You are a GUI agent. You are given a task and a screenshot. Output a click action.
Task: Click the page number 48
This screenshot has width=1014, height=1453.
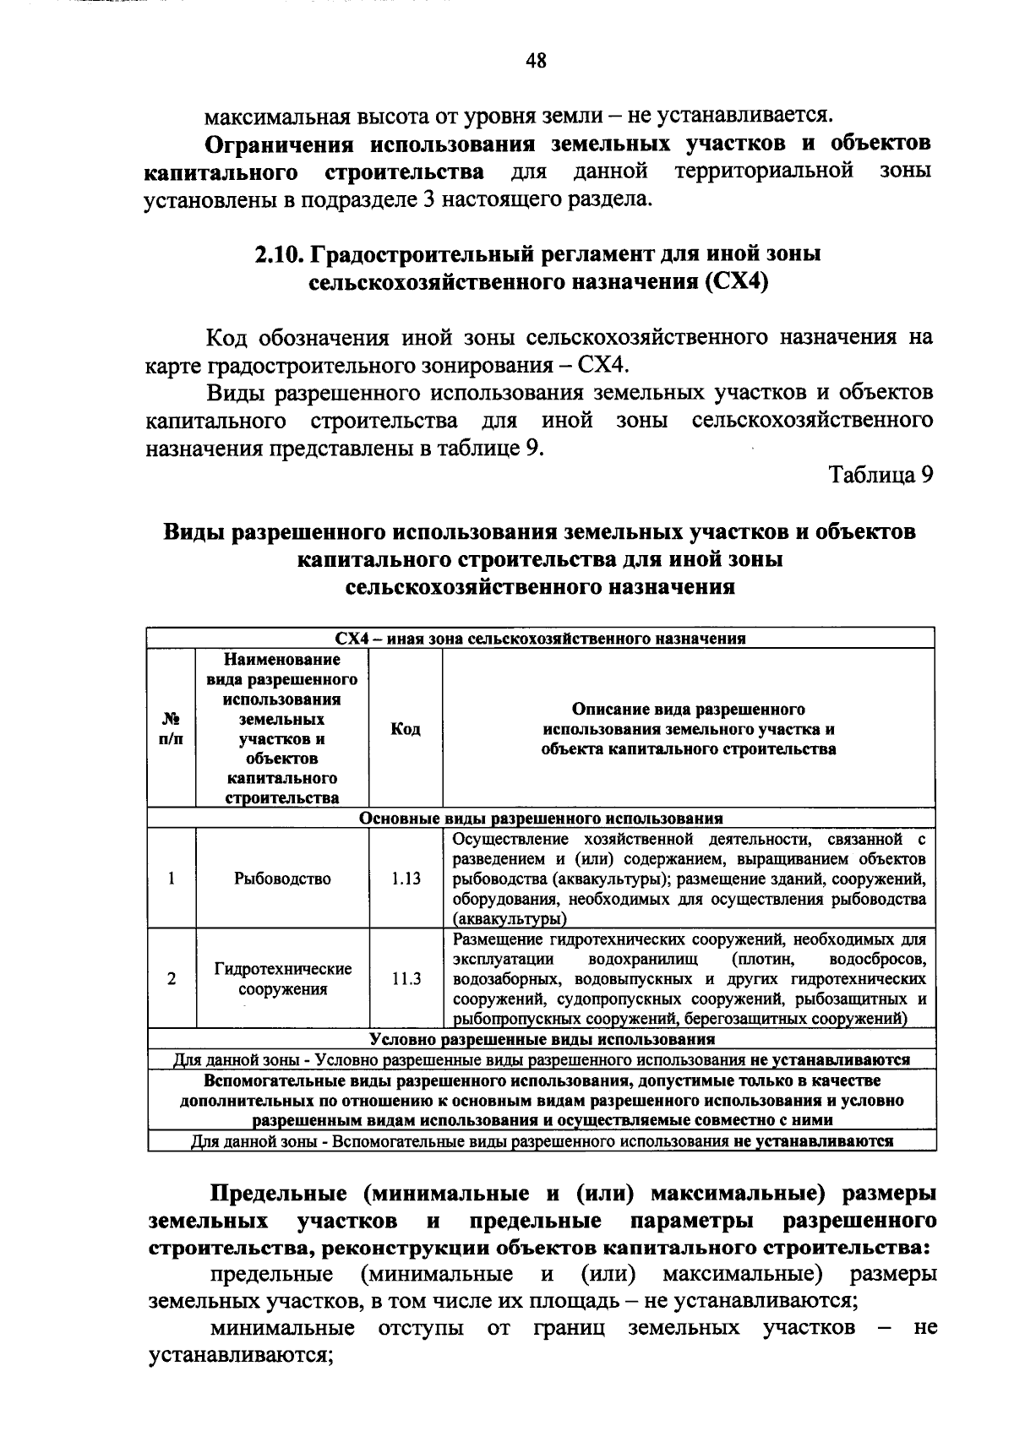(x=536, y=60)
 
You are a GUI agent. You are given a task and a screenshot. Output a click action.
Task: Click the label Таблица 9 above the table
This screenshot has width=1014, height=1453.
(x=880, y=475)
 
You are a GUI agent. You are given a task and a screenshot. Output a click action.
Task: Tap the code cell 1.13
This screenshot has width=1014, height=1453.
(x=406, y=879)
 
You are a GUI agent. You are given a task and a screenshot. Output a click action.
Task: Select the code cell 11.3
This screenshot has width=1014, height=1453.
(x=406, y=979)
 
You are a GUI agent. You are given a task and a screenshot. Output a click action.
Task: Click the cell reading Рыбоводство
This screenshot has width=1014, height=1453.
(x=282, y=879)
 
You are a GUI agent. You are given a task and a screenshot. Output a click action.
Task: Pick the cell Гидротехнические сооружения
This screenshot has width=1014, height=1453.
(x=282, y=979)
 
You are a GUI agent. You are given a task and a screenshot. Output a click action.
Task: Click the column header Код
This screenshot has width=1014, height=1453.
(x=406, y=729)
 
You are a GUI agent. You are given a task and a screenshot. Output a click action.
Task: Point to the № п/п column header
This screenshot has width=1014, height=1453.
(x=171, y=729)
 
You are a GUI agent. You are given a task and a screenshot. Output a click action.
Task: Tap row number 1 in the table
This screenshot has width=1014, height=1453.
(x=171, y=879)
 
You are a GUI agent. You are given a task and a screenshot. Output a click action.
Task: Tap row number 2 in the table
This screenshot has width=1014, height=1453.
(x=171, y=979)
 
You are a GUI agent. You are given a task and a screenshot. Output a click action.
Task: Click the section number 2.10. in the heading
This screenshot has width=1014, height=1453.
(x=281, y=253)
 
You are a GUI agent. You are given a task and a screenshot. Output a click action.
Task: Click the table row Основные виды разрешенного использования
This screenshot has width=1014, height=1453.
(x=541, y=819)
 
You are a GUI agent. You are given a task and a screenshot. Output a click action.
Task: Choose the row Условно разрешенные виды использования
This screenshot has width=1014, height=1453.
(x=541, y=1039)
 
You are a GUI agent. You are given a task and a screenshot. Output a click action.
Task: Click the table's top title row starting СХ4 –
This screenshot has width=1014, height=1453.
(x=541, y=639)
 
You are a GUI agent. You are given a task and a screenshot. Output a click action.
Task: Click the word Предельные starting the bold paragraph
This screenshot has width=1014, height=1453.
(x=278, y=1194)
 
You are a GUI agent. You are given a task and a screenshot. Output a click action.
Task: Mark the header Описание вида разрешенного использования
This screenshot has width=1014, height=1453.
(x=688, y=729)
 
